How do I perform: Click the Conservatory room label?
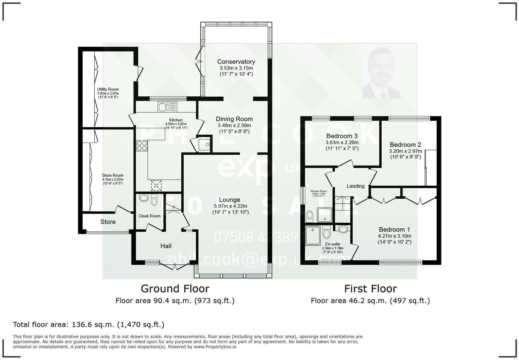(x=236, y=62)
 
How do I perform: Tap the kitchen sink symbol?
(x=167, y=107)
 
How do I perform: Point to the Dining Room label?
(x=234, y=119)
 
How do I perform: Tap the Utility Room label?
(x=108, y=89)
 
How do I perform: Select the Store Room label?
(x=113, y=175)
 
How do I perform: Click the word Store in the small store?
(x=108, y=222)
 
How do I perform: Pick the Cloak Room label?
(x=150, y=216)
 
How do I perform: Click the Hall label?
(x=166, y=246)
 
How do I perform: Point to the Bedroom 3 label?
(x=342, y=136)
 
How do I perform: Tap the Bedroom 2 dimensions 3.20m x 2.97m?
(x=405, y=151)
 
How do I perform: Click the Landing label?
(x=355, y=186)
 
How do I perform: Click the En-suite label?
(x=333, y=244)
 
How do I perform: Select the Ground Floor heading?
(x=175, y=289)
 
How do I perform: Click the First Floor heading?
(x=370, y=289)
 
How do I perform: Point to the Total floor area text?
(x=88, y=325)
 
